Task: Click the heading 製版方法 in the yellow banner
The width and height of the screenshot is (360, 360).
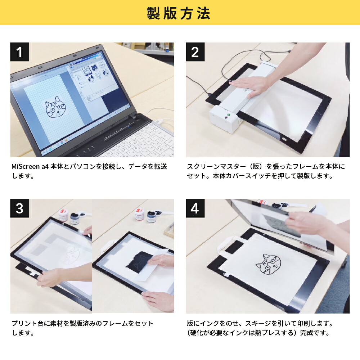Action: [179, 13]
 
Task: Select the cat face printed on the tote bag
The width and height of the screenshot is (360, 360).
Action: [269, 266]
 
